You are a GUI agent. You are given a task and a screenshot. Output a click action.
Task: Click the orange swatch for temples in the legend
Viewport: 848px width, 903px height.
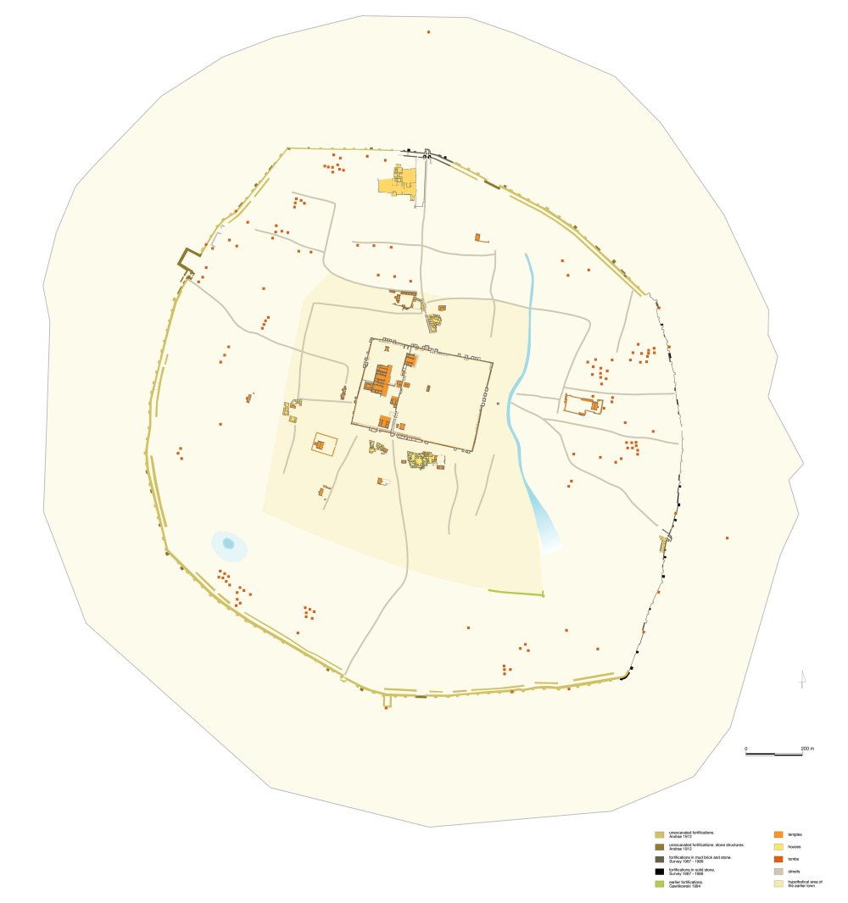(778, 835)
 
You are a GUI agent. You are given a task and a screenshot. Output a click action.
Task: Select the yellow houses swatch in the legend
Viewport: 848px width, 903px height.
(778, 847)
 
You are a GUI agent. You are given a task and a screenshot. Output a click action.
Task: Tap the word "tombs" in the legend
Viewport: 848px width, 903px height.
(794, 859)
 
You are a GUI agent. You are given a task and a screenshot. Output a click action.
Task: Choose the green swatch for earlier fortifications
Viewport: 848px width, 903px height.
(658, 883)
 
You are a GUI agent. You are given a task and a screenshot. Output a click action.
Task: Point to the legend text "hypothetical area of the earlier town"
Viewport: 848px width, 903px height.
(805, 883)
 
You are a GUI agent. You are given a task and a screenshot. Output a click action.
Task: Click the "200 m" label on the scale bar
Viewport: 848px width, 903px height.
(806, 749)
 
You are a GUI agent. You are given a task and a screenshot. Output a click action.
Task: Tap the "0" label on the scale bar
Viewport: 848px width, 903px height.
(746, 749)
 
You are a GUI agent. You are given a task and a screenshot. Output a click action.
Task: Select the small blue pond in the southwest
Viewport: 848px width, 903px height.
(227, 543)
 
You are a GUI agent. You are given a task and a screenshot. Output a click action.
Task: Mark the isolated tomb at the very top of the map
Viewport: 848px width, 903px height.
(428, 32)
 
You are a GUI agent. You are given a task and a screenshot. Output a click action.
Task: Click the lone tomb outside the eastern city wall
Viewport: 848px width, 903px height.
(727, 538)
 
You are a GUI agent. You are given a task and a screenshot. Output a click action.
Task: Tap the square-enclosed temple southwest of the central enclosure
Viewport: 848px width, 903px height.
(321, 443)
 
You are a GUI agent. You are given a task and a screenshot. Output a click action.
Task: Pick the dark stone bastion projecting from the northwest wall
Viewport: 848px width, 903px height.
(188, 258)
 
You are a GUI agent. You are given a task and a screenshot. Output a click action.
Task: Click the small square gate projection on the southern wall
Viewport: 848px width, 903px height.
(388, 700)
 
